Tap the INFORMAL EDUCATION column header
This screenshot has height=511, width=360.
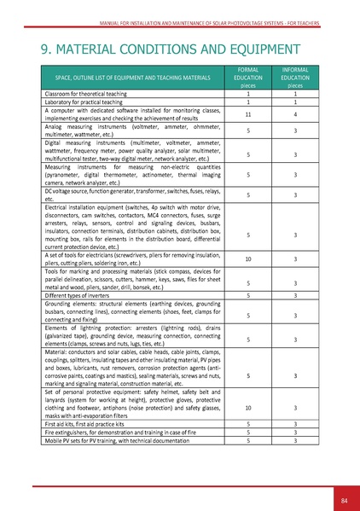(295, 76)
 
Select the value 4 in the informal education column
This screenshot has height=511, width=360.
(295, 114)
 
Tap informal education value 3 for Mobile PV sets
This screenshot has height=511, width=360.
(295, 441)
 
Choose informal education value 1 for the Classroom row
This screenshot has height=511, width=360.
(295, 92)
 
